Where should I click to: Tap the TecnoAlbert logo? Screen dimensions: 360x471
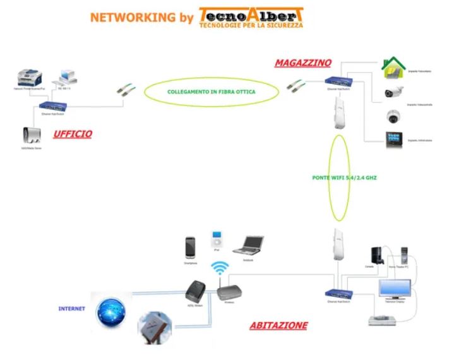click(x=251, y=17)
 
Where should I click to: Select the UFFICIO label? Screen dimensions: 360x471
click(x=73, y=134)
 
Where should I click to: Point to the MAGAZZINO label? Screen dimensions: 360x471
click(x=302, y=63)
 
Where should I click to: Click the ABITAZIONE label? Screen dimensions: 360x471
click(x=278, y=325)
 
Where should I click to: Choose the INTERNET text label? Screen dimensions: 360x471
click(x=71, y=309)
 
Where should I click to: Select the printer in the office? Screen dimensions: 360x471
click(x=30, y=78)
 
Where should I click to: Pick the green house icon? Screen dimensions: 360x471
click(x=394, y=66)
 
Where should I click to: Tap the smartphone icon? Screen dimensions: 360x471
click(x=190, y=246)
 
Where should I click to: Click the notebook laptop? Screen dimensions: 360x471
click(x=247, y=245)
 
